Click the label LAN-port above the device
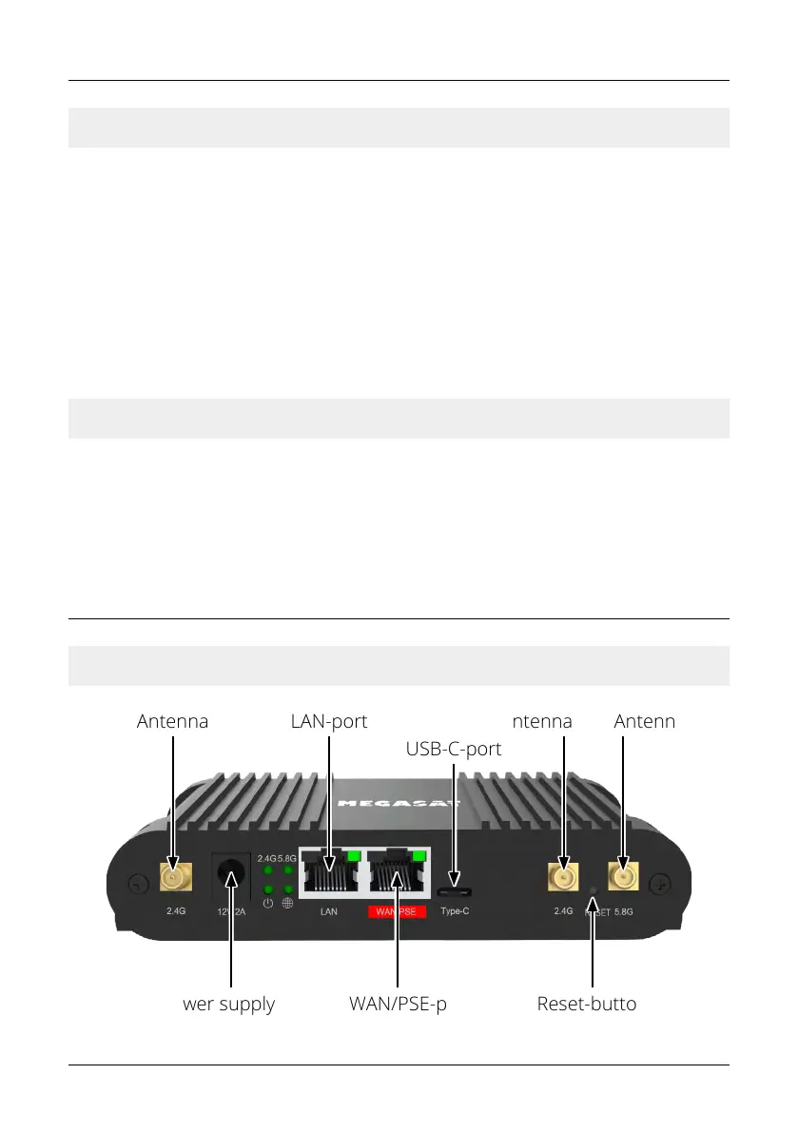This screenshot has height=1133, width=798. [x=328, y=721]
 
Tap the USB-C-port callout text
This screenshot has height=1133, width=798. [x=454, y=749]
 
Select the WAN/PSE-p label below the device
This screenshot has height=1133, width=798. [x=398, y=1004]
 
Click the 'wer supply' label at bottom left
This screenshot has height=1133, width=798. [x=228, y=1004]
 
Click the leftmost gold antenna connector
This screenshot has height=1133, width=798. [x=174, y=876]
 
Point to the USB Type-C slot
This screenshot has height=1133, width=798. [x=455, y=891]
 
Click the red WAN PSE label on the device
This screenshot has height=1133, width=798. [x=398, y=911]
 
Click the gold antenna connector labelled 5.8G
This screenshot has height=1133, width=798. [x=623, y=875]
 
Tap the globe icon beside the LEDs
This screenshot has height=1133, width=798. [x=287, y=903]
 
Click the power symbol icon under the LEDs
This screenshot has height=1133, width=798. [x=268, y=903]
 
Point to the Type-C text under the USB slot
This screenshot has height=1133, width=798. [x=455, y=911]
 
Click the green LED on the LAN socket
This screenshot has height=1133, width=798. [x=355, y=856]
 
